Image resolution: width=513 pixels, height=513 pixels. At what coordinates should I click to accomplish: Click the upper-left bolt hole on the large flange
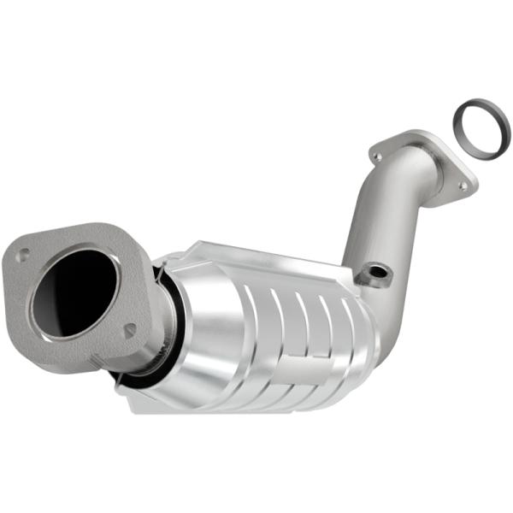coord(23,253)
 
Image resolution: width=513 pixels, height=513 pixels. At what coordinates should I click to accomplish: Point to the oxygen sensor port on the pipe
coord(374,274)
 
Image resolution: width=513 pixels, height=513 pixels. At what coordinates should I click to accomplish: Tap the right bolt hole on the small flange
coord(462,185)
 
